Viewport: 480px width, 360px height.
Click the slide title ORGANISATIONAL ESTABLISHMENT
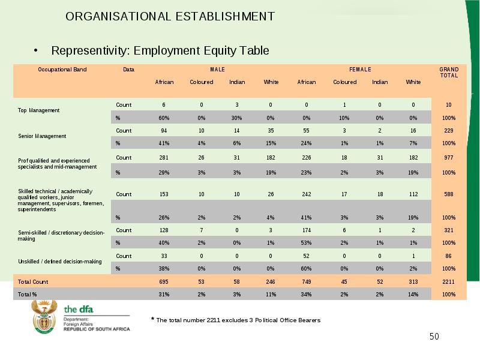(x=170, y=17)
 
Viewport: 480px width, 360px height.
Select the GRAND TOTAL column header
(x=449, y=73)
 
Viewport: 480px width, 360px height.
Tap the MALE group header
(x=217, y=70)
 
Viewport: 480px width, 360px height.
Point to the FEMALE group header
(x=361, y=70)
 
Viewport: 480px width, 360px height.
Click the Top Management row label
(x=38, y=110)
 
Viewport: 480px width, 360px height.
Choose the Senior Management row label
(x=42, y=136)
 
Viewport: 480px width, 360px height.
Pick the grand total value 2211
(x=448, y=281)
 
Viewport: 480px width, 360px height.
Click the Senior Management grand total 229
(x=448, y=130)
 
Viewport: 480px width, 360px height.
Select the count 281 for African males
(x=164, y=157)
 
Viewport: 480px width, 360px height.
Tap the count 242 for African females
(x=306, y=194)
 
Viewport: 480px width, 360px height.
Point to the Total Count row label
(x=33, y=281)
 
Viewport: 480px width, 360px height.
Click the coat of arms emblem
(x=44, y=317)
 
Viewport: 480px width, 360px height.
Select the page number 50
(x=434, y=337)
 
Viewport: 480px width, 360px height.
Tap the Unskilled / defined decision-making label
(x=59, y=262)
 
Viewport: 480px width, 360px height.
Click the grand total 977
(x=448, y=157)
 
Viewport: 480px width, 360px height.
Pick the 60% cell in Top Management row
(x=164, y=118)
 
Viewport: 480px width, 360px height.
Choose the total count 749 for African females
(x=306, y=281)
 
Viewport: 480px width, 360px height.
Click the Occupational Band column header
(x=62, y=70)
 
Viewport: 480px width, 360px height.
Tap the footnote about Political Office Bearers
(x=236, y=320)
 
